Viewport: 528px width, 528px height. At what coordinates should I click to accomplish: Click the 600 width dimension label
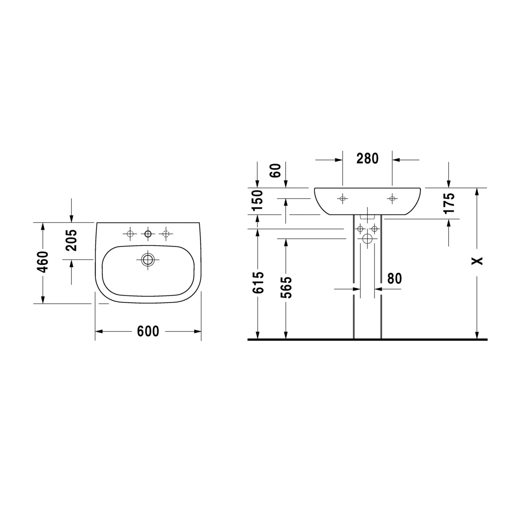148,331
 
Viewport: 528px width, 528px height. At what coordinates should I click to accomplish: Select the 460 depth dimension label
43,262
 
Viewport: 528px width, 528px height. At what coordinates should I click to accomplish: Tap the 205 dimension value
72,240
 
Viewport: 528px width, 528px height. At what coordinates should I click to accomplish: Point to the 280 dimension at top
367,159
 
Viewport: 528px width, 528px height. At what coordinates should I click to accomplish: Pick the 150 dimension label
258,200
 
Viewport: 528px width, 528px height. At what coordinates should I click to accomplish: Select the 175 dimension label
449,203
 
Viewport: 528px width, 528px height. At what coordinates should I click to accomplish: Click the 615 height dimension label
258,282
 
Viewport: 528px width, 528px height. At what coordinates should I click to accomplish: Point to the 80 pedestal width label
394,279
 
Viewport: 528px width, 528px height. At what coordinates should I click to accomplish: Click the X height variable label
477,261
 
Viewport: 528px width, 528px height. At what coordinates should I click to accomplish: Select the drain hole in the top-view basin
148,260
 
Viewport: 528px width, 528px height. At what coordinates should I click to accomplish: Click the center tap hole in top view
148,233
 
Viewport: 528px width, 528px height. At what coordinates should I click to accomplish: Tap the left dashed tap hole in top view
130,233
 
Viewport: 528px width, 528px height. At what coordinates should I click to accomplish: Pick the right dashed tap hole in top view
165,233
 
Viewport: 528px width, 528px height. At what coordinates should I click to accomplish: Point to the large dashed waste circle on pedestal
367,239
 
